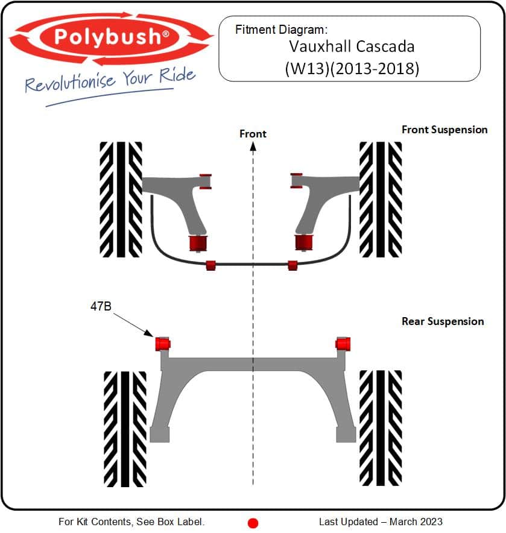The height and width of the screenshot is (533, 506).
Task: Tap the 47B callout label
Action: [101, 306]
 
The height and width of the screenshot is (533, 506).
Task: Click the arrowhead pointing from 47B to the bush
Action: [150, 333]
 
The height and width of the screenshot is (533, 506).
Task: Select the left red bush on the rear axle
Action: [163, 344]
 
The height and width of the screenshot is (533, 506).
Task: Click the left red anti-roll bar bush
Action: [211, 265]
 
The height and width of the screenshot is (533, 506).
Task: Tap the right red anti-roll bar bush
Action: [293, 265]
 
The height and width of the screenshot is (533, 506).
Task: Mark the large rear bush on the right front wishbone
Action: [304, 242]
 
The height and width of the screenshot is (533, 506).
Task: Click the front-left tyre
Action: [121, 200]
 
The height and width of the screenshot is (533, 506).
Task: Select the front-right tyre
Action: [381, 200]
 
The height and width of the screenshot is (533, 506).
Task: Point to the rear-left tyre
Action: [125, 429]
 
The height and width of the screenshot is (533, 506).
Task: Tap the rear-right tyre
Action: [381, 428]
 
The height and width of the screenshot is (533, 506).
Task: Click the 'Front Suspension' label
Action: [444, 130]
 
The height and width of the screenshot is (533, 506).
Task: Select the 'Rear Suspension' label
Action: [443, 321]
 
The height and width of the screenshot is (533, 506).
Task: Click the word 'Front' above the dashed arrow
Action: [253, 134]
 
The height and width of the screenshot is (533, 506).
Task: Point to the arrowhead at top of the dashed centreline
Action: [253, 147]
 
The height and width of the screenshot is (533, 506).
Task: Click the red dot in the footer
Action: [253, 523]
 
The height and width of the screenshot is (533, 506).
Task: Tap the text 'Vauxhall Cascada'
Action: [352, 46]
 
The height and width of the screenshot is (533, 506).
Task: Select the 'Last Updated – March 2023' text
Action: [381, 522]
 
